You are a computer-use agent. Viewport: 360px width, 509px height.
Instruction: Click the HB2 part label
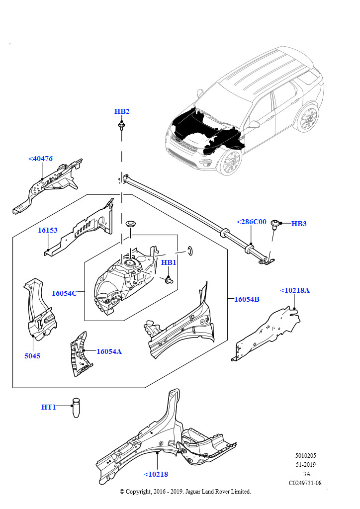pos(122,111)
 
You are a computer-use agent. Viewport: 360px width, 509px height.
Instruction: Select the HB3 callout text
pos(299,224)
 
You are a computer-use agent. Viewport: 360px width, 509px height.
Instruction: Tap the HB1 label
pos(169,262)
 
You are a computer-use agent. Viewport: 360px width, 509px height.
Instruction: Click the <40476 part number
pos(40,159)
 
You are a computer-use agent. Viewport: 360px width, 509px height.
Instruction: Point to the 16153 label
pos(48,230)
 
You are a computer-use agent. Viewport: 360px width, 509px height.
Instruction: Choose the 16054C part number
pos(64,293)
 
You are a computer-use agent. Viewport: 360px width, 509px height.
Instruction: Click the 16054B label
pos(247,299)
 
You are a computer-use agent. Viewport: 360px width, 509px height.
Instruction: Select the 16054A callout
pos(109,351)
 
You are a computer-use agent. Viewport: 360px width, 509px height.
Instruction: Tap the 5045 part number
pos(32,356)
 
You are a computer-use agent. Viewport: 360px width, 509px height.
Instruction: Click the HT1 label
pos(48,407)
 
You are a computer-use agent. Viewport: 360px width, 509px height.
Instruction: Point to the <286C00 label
pos(251,222)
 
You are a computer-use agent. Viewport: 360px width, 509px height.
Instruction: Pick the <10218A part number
pos(294,290)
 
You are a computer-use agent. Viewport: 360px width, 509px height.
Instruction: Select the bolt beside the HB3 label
pos(275,226)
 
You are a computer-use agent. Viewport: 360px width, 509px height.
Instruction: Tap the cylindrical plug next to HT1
pos(76,408)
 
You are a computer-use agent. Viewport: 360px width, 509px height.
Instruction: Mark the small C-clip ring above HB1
pos(190,249)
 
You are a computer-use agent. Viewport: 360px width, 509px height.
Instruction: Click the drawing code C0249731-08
pos(305,483)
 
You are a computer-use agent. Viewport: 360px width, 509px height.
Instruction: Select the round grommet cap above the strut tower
pos(132,223)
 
